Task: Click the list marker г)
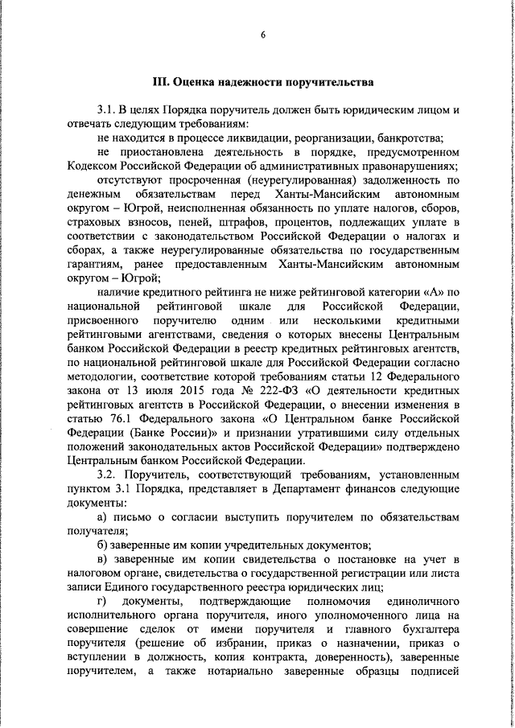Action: [101, 600]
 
